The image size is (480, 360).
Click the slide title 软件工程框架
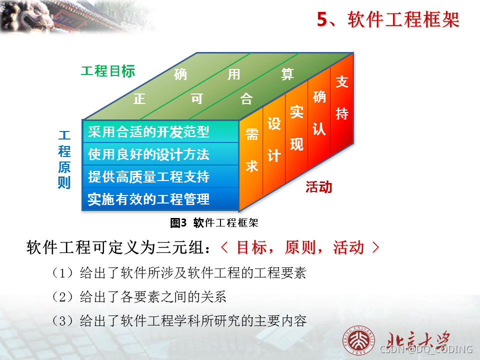pos(388,20)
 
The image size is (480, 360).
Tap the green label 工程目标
pos(108,71)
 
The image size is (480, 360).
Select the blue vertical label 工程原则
pos(64,159)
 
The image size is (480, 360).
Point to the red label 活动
pos(319,187)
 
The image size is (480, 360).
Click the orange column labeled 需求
pos(251,150)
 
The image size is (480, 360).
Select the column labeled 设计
pos(274,139)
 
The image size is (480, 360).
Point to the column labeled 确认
pos(319,113)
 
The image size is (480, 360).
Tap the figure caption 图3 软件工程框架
pos(214,223)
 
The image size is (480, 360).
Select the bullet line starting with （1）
pos(178,273)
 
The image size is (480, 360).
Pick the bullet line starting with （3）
pos(178,321)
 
